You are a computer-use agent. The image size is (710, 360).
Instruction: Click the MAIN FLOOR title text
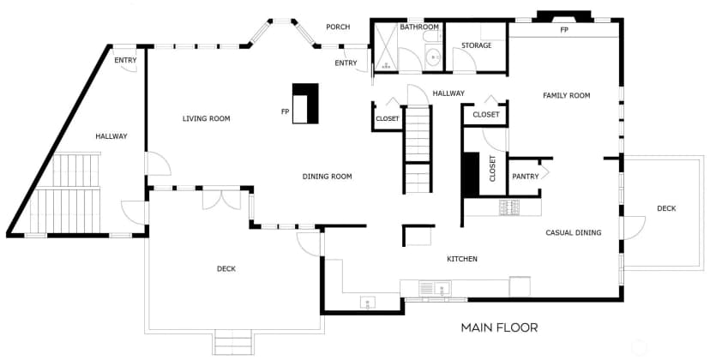tap(499, 327)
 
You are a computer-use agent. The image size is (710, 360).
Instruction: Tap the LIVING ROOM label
tap(206, 118)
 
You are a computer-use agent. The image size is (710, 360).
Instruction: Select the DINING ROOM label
tap(327, 177)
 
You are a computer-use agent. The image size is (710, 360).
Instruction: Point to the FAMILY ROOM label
tap(567, 95)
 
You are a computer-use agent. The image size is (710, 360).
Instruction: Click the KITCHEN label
tap(462, 259)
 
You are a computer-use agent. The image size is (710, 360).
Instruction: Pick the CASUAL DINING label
tap(574, 233)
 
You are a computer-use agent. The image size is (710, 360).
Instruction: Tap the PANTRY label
tap(526, 177)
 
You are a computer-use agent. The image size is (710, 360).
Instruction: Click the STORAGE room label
tap(477, 45)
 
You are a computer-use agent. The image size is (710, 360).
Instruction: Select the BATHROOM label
tap(418, 27)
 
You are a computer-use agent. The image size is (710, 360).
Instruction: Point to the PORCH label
tap(338, 27)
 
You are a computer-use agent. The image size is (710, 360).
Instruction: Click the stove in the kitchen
tap(509, 207)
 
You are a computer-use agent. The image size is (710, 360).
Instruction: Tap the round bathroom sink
tap(434, 57)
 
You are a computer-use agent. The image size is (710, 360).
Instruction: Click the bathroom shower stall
tap(386, 46)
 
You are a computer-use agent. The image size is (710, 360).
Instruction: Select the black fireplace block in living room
tap(305, 103)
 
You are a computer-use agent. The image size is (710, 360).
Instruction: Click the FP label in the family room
tap(564, 30)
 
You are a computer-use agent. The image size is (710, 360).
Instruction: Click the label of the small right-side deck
tap(666, 208)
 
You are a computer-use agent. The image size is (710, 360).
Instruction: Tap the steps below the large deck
tap(232, 342)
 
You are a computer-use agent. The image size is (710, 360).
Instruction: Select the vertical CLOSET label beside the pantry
tap(493, 169)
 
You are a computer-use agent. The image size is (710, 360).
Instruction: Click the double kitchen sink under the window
tap(435, 288)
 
